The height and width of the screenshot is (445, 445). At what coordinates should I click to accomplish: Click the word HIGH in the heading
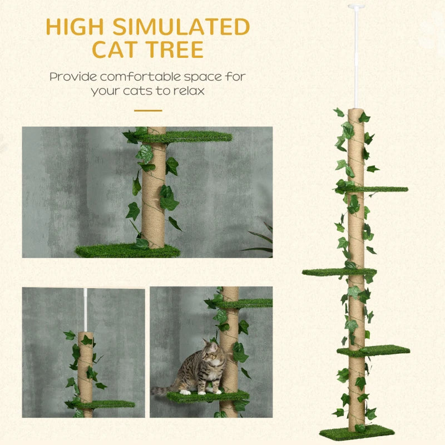point(71,27)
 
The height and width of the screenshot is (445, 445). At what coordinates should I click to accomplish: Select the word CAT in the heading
point(115,50)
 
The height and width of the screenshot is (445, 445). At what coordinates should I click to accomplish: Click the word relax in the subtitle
point(188,90)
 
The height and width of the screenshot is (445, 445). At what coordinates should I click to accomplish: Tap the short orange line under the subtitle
point(147,110)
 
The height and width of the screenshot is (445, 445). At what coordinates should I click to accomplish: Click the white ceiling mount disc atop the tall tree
point(356,7)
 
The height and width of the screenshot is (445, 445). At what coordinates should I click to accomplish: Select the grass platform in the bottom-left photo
point(108,404)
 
